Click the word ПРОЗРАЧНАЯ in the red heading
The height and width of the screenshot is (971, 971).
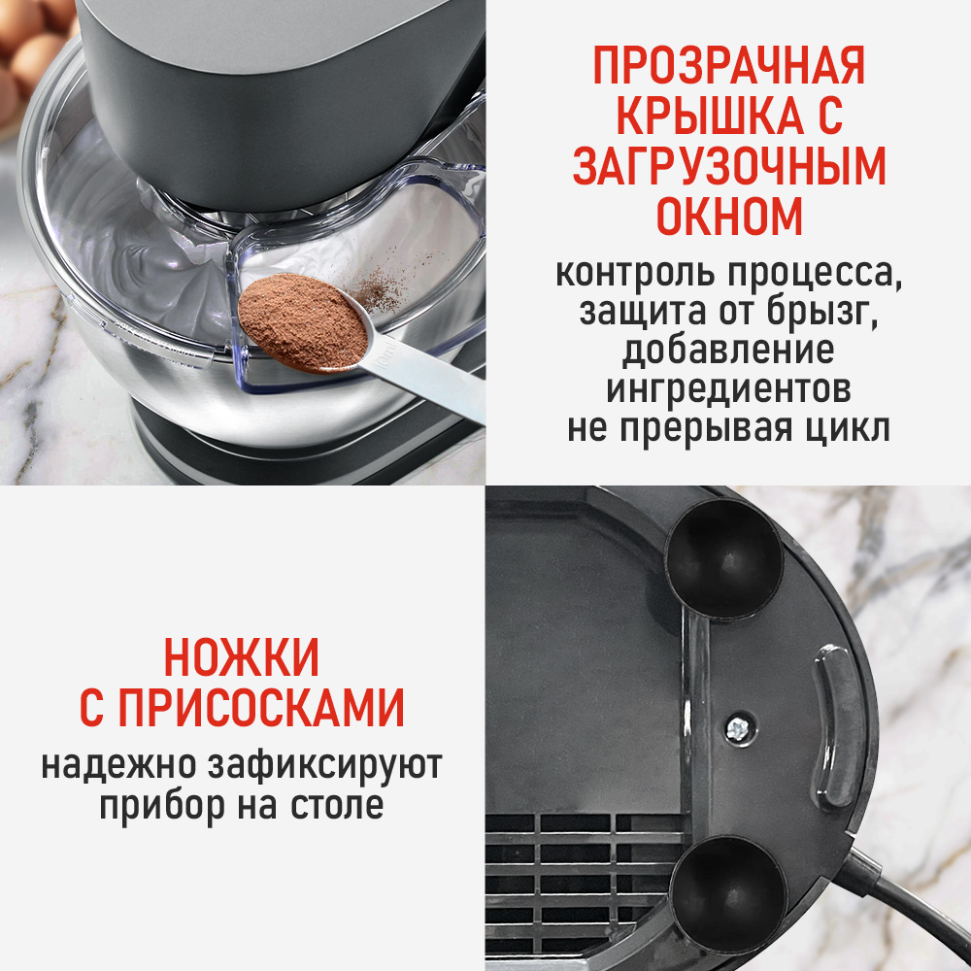(x=728, y=69)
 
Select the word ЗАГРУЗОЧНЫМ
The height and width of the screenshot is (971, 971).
(x=728, y=167)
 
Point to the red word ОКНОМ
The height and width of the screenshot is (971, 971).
(x=728, y=216)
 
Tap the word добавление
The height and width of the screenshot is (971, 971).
(x=728, y=351)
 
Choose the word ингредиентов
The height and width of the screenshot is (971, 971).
(x=728, y=389)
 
